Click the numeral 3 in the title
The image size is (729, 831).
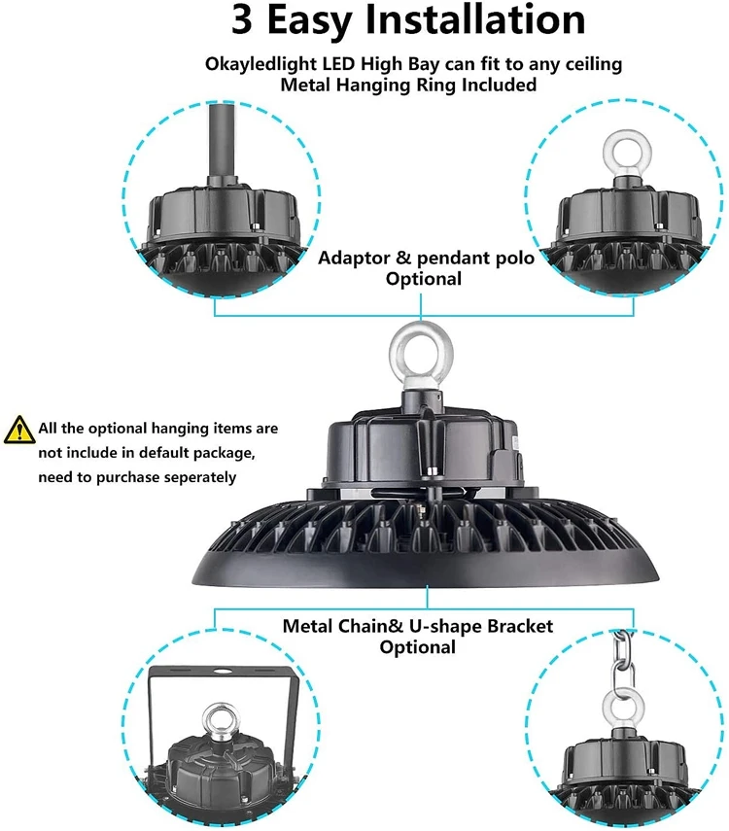coord(250,21)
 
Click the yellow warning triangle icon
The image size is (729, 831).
coord(17,428)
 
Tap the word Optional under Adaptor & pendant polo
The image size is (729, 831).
coord(423,279)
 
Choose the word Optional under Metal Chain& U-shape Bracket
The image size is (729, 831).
coord(417,646)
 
